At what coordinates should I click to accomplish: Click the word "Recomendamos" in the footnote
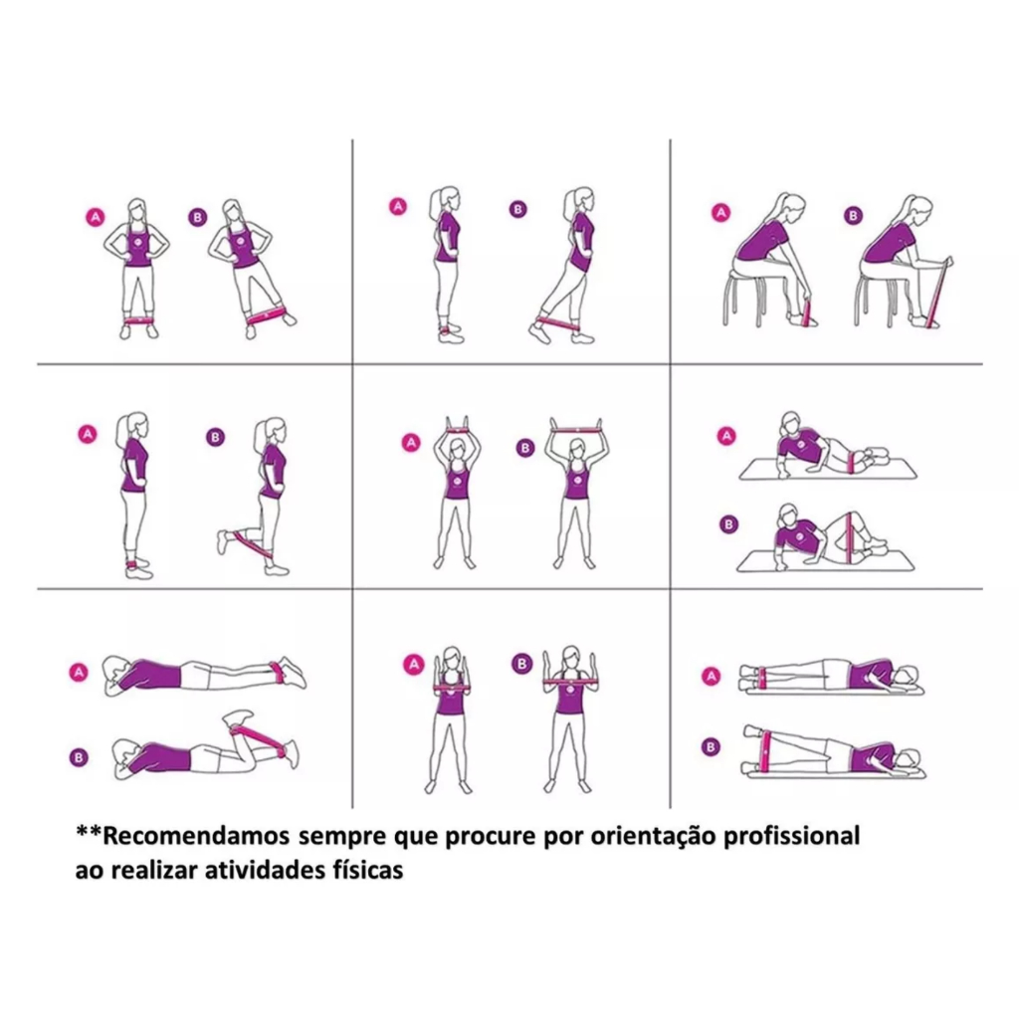pos(196,836)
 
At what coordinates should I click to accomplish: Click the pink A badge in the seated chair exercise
pos(720,213)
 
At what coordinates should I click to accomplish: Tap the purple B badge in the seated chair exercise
pos(853,216)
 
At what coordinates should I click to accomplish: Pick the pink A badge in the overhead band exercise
pos(411,443)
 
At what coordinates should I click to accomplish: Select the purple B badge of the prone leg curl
pos(79,757)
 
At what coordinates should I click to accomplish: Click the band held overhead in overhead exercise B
pos(577,430)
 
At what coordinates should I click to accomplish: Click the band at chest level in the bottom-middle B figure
pos(570,682)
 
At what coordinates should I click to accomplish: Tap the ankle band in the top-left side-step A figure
pos(137,320)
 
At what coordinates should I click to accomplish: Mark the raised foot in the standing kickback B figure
pos(223,542)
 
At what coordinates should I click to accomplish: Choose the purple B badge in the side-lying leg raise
pos(711,746)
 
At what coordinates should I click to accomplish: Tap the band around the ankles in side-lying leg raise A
pos(761,677)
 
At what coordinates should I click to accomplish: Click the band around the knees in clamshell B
pos(849,539)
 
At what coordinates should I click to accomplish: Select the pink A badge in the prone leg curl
pos(79,673)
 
